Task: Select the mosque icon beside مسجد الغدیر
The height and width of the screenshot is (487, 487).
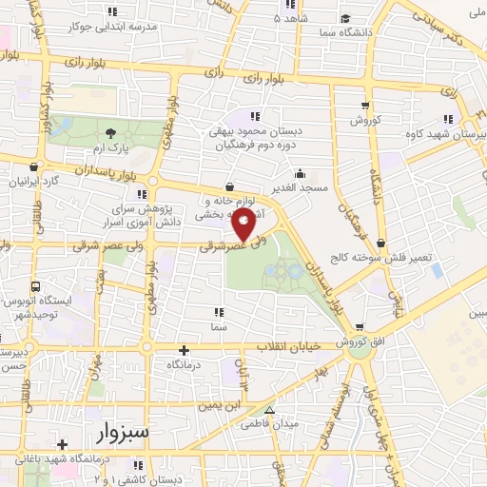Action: (300, 174)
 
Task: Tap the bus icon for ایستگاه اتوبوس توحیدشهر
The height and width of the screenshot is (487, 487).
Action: (36, 286)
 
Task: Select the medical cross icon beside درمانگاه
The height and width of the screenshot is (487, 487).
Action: (185, 350)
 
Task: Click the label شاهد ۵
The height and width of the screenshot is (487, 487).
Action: (290, 19)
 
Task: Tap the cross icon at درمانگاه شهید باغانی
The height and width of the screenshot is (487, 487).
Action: (63, 444)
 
